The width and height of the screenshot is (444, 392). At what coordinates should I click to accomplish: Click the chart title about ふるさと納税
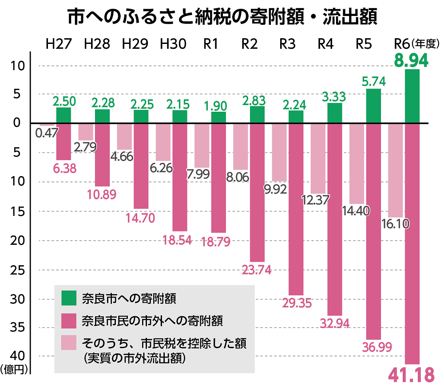coord(222,16)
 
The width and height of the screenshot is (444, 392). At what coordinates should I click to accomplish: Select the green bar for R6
coord(412,96)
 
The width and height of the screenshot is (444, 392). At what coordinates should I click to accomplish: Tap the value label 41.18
coord(411,375)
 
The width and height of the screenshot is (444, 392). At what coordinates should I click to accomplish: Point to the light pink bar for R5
coord(357,164)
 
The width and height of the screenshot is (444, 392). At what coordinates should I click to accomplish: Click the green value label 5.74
coord(373,81)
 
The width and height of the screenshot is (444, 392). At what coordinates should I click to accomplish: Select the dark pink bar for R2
coord(258,192)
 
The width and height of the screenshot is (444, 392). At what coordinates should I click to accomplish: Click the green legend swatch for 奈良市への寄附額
coord(69,298)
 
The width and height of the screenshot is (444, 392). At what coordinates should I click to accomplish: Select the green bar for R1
coord(218,118)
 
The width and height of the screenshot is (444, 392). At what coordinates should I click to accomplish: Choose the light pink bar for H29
coord(124,137)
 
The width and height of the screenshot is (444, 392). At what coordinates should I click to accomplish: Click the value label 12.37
coord(315,200)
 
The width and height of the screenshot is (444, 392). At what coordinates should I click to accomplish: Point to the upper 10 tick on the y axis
coord(17,66)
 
